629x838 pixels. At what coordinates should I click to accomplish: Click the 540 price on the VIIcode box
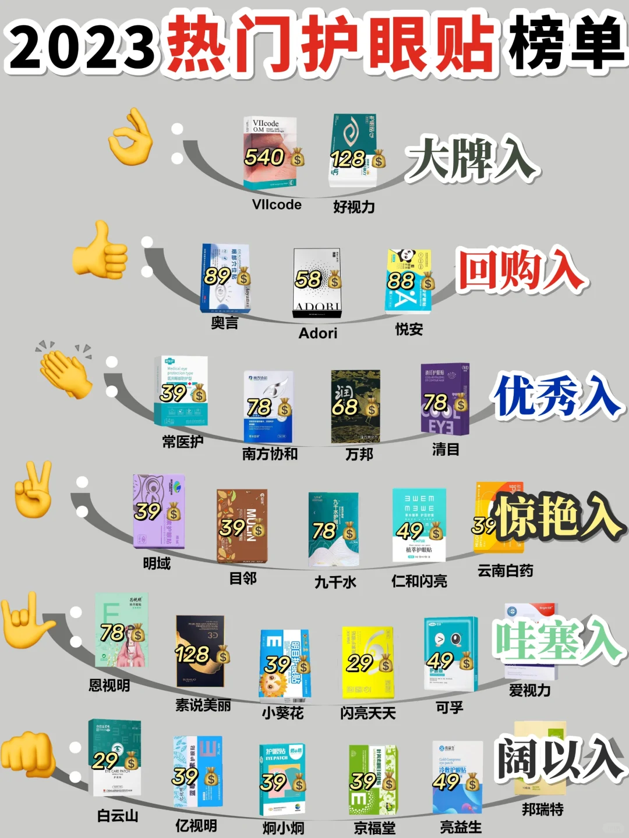[264, 157]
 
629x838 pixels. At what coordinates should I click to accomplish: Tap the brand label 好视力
[354, 207]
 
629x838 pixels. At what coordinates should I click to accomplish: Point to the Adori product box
[317, 283]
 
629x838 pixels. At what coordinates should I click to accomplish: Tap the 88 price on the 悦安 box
[401, 280]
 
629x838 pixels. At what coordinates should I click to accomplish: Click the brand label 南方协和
[270, 453]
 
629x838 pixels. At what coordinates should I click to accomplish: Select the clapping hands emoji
[64, 370]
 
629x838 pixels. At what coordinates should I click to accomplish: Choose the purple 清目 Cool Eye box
[445, 400]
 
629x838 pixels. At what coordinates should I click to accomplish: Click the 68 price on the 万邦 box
[345, 407]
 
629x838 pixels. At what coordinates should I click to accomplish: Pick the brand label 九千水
[335, 582]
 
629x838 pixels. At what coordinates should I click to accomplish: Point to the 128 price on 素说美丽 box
[192, 654]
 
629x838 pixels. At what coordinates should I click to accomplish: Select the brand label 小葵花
[282, 713]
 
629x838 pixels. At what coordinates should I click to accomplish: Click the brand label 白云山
[118, 816]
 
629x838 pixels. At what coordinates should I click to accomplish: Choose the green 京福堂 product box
[373, 780]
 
